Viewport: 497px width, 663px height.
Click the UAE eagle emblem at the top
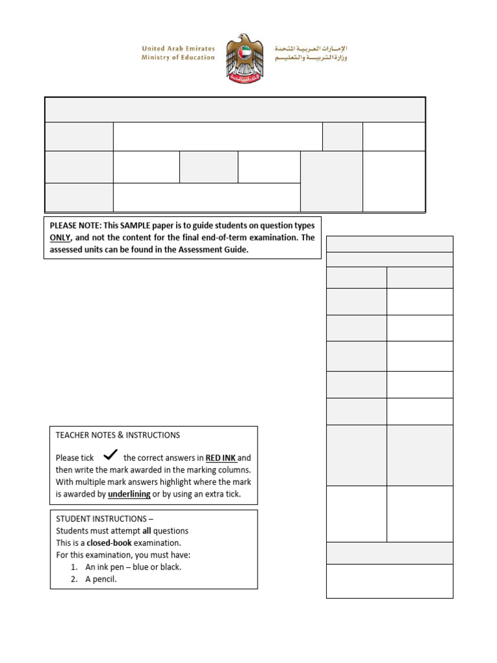point(245,58)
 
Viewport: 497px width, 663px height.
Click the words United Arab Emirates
point(178,49)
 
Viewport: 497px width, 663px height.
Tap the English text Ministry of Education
point(178,58)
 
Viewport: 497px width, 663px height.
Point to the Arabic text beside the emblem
point(311,53)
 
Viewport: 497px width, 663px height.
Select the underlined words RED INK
point(221,458)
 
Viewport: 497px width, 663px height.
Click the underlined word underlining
point(129,494)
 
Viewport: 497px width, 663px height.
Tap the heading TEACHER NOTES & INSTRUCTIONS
point(118,435)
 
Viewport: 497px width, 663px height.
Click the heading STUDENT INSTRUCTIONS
point(102,519)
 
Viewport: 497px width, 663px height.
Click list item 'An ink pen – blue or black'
point(133,567)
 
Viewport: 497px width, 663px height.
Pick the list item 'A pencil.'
point(101,579)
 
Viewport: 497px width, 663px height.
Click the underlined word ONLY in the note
point(60,238)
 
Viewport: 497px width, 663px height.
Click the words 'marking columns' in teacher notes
point(223,470)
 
